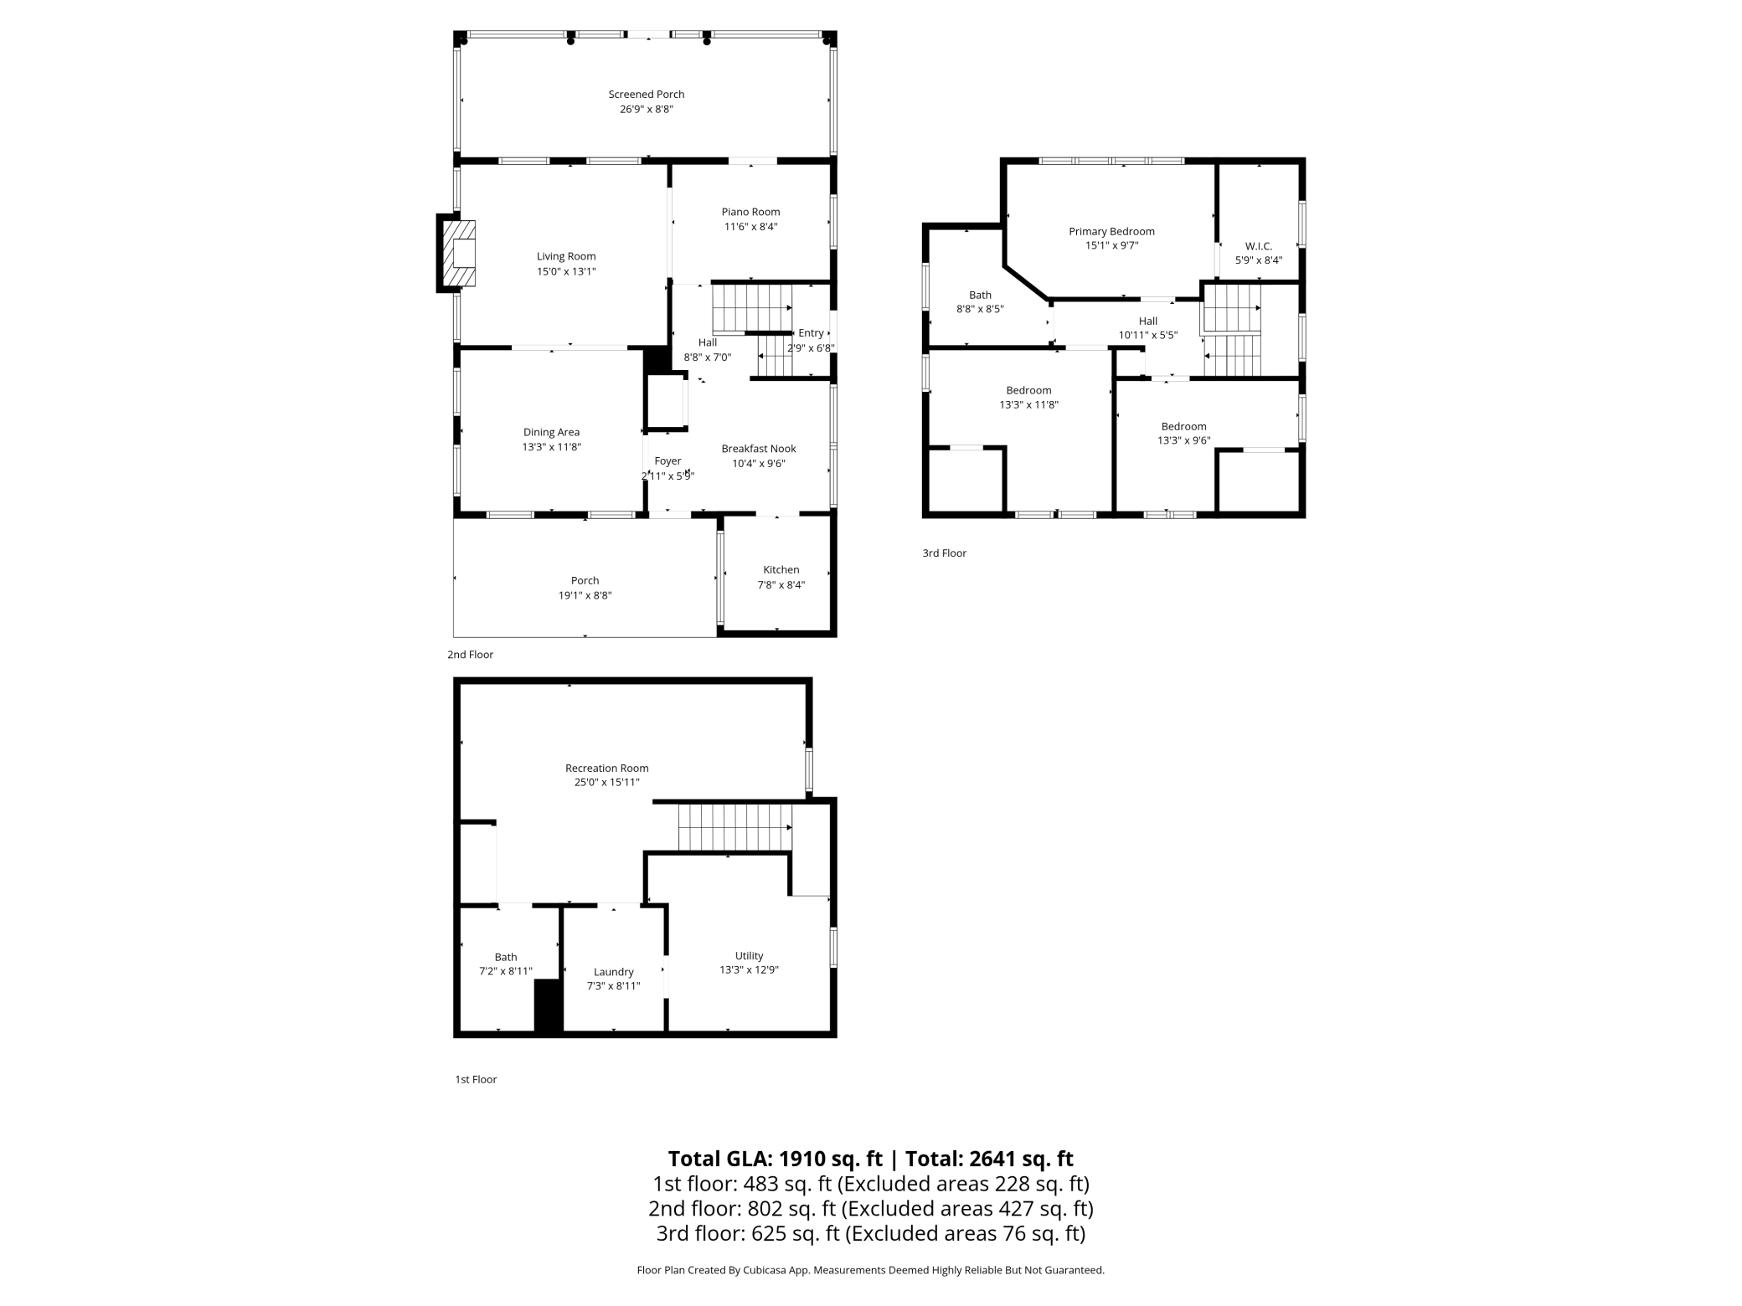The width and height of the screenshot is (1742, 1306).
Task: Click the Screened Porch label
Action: pyautogui.click(x=646, y=95)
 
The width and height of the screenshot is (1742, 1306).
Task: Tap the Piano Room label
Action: pyautogui.click(x=750, y=212)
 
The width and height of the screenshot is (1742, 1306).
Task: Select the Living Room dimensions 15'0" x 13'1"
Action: pyautogui.click(x=566, y=271)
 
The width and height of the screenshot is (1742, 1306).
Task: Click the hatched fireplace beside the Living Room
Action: pyautogui.click(x=459, y=253)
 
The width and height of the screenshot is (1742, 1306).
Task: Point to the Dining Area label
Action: pyautogui.click(x=551, y=432)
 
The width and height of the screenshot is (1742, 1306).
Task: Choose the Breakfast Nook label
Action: pyautogui.click(x=758, y=449)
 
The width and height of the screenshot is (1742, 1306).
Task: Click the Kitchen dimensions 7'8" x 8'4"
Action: pyautogui.click(x=781, y=584)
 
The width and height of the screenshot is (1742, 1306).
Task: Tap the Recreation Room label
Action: pyautogui.click(x=606, y=768)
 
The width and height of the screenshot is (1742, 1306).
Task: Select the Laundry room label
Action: pyautogui.click(x=613, y=972)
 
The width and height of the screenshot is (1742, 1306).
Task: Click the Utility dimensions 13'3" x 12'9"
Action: pyautogui.click(x=749, y=969)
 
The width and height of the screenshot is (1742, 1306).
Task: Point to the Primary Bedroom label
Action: pyautogui.click(x=1111, y=231)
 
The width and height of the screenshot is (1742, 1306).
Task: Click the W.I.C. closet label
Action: pyautogui.click(x=1258, y=246)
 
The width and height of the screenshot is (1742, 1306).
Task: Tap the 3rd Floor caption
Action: pyautogui.click(x=944, y=553)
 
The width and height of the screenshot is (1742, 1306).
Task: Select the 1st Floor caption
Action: pyautogui.click(x=476, y=1079)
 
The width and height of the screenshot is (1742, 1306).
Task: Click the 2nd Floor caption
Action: pyautogui.click(x=470, y=655)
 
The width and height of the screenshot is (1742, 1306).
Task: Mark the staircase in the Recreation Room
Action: pyautogui.click(x=734, y=827)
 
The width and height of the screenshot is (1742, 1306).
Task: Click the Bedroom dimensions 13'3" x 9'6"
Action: pyautogui.click(x=1183, y=440)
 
